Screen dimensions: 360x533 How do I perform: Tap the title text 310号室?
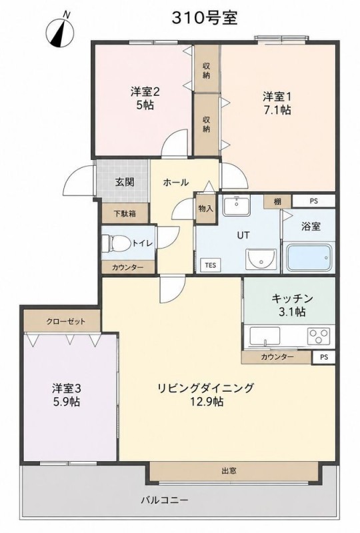[x=204, y=18]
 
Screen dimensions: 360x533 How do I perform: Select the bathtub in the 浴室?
[x=309, y=257]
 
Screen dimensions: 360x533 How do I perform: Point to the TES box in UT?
[x=211, y=265]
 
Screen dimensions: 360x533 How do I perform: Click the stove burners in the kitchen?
[x=319, y=335]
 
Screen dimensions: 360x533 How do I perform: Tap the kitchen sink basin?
[x=265, y=336]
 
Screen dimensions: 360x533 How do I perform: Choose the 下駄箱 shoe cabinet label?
[x=125, y=213]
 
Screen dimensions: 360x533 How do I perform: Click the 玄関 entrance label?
[x=125, y=182]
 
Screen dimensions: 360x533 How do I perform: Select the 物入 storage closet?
[x=205, y=208]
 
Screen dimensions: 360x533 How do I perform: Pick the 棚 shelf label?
[x=277, y=202]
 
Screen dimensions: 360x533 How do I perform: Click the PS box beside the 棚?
[x=314, y=201]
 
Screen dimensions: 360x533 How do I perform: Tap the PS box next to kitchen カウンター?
[x=324, y=358]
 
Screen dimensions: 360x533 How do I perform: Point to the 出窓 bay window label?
[x=229, y=471]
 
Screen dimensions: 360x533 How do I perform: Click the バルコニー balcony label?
[x=165, y=500]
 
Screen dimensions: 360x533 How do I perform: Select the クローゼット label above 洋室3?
[x=66, y=321]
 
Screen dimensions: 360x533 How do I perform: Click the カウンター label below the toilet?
[x=127, y=267]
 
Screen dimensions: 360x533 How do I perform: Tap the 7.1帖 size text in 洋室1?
[x=277, y=110]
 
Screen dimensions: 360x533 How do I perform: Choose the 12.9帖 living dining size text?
[x=207, y=402]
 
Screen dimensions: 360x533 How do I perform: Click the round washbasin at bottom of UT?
[x=261, y=259]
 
